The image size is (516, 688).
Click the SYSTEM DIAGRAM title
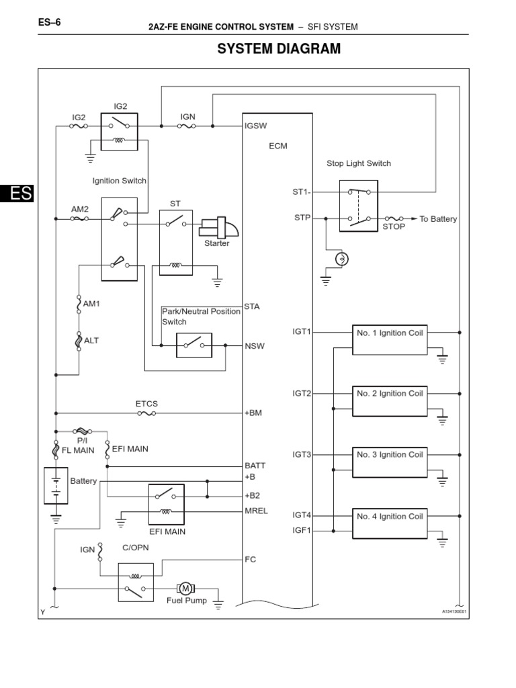(x=269, y=49)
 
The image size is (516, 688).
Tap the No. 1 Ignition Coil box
(x=390, y=340)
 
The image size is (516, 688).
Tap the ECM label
(x=277, y=146)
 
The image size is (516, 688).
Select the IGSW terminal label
(x=255, y=126)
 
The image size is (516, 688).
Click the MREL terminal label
(x=256, y=511)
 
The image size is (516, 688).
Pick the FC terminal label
(x=250, y=559)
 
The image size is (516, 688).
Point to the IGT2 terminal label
(x=302, y=393)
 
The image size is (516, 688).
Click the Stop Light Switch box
(x=358, y=206)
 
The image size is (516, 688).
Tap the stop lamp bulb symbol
(x=342, y=259)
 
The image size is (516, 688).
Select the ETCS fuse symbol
(x=146, y=414)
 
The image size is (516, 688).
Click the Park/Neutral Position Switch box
(x=193, y=345)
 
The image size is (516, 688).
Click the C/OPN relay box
(x=136, y=581)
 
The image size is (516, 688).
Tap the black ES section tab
(x=16, y=193)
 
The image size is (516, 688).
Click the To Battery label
(x=438, y=219)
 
